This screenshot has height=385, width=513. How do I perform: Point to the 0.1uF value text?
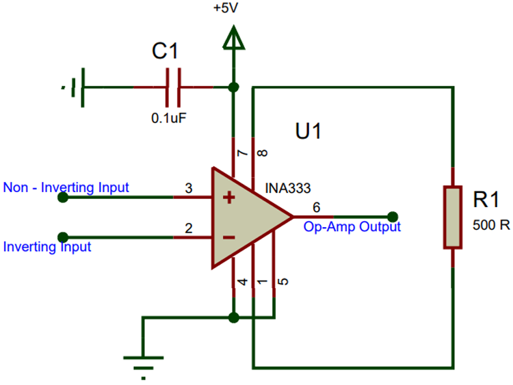(169, 118)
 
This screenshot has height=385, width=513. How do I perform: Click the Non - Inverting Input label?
(66, 187)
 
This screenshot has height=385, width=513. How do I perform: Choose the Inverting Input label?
(47, 246)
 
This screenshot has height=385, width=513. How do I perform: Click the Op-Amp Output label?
(352, 226)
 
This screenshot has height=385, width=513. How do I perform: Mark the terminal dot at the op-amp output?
(392, 215)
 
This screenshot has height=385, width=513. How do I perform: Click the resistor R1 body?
(452, 216)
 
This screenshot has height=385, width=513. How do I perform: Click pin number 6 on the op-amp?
(316, 207)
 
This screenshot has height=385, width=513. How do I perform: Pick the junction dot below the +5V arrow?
(234, 88)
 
